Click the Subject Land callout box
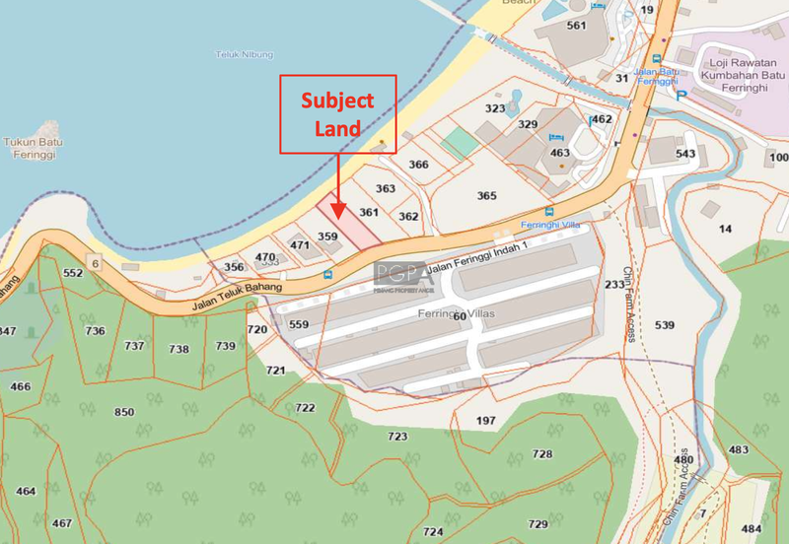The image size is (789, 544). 338,113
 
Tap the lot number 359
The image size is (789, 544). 328,237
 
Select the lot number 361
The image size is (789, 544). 369,212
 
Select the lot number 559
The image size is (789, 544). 299,324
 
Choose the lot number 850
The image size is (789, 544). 124,412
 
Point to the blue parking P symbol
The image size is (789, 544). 681,95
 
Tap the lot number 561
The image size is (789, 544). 577,26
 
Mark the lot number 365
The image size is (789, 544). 486,196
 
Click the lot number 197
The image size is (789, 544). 485,421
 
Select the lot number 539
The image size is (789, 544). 665,325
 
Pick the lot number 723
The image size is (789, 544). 397,436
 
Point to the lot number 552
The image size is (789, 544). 73,273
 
